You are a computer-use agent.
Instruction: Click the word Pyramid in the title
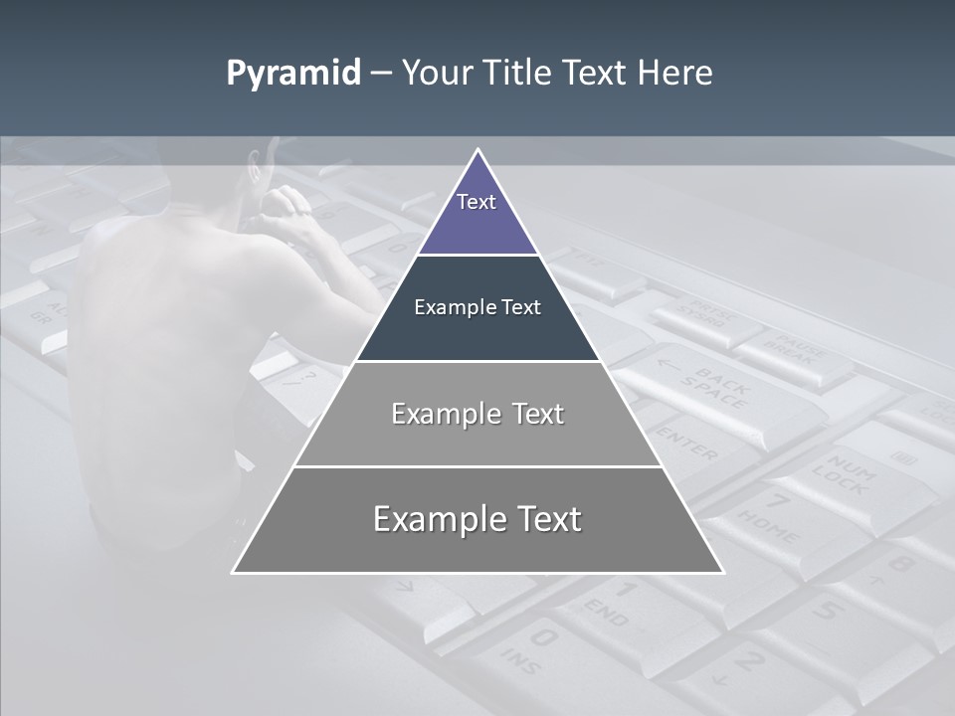293,74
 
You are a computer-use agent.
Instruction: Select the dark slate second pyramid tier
477,308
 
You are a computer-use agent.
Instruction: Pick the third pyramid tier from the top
477,414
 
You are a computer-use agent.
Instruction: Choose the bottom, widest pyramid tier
477,519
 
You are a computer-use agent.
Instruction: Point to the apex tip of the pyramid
477,152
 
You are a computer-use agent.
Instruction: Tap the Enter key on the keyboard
686,443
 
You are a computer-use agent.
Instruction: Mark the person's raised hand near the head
288,204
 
